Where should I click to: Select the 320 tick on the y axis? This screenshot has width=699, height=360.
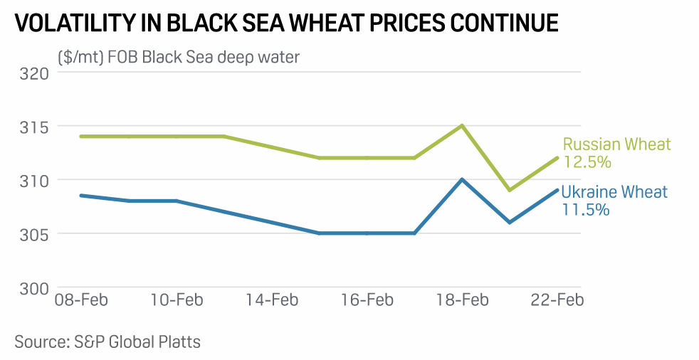click(33, 73)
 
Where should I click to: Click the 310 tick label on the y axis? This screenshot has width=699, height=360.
click(33, 180)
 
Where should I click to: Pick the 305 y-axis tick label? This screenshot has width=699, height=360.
click(33, 234)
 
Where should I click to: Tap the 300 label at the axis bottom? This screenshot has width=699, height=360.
click(33, 288)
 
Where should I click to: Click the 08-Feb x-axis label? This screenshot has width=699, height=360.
click(81, 300)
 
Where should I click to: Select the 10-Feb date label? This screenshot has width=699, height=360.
click(177, 300)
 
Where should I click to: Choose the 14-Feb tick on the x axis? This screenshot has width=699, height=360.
click(271, 300)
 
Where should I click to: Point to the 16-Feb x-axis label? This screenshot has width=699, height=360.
click(367, 300)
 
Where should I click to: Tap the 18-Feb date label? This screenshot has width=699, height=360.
click(462, 300)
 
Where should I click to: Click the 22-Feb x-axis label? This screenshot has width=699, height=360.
click(558, 300)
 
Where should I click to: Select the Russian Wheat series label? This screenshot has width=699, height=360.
click(616, 144)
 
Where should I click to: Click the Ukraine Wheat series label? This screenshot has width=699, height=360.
click(614, 192)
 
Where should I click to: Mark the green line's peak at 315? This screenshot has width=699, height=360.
click(462, 126)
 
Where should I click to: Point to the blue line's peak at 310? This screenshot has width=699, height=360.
click(462, 179)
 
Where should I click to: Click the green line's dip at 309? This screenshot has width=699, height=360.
click(510, 190)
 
